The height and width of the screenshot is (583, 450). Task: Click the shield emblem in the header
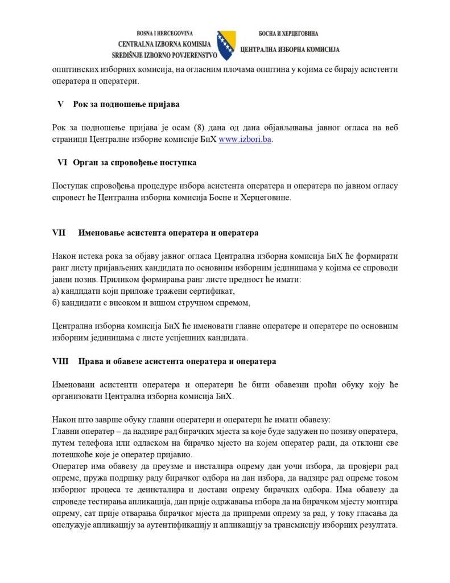click(224, 44)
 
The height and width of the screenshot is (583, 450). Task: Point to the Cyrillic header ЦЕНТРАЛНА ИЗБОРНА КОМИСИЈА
click(290, 50)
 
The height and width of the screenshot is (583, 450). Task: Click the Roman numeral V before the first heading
click(60, 104)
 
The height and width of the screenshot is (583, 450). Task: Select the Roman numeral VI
click(63, 163)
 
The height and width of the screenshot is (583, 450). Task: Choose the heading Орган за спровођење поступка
click(135, 163)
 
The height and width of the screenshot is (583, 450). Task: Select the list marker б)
click(56, 303)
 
